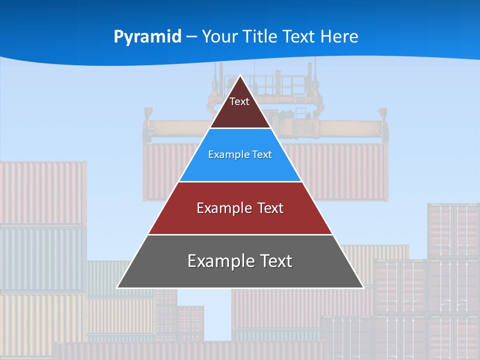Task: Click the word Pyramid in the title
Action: pyautogui.click(x=147, y=37)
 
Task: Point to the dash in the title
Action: pyautogui.click(x=191, y=37)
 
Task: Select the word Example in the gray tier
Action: pyautogui.click(x=219, y=261)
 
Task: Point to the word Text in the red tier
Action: pyautogui.click(x=270, y=208)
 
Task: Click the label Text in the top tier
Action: pyautogui.click(x=239, y=101)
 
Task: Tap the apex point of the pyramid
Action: pyautogui.click(x=240, y=76)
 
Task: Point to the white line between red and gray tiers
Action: pyautogui.click(x=240, y=234)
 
